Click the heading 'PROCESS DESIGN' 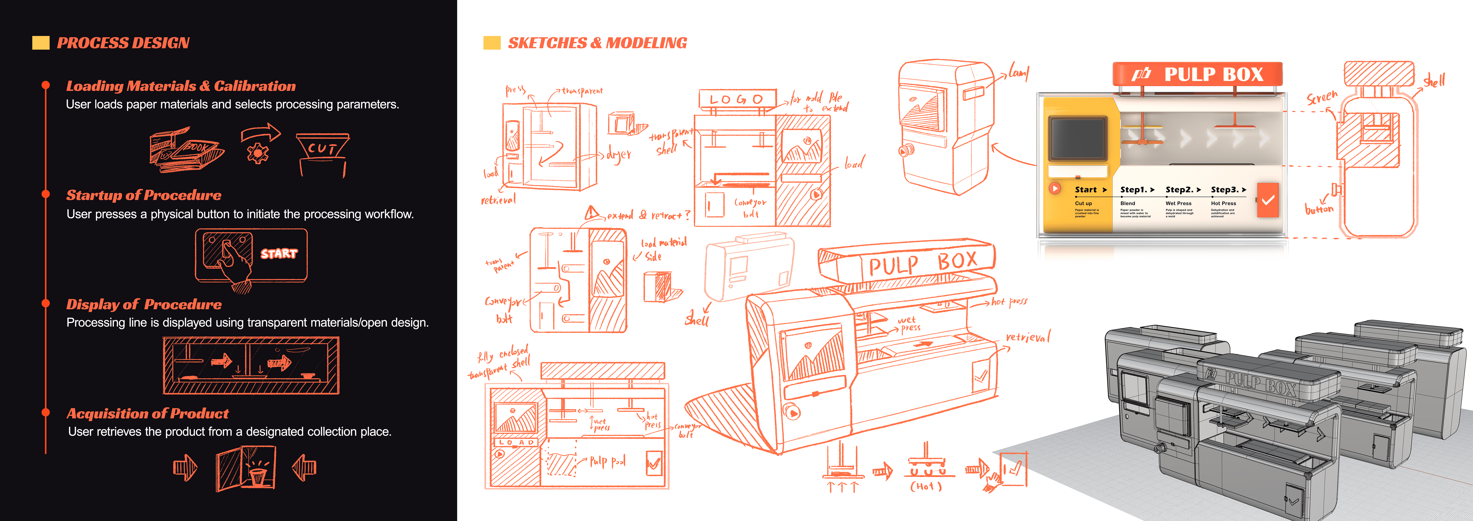point(123,43)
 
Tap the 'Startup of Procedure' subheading point(143,195)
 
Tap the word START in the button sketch point(279,253)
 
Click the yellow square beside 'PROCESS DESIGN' point(41,43)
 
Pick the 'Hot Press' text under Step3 point(1223,204)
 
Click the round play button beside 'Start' point(1055,188)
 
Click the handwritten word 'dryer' point(619,154)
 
